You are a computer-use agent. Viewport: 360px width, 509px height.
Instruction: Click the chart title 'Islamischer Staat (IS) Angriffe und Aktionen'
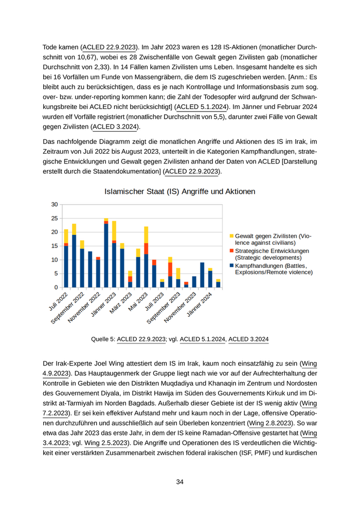point(179,191)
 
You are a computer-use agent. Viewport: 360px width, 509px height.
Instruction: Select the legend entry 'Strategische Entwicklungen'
point(267,250)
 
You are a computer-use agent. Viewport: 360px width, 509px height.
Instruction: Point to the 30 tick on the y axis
point(55,204)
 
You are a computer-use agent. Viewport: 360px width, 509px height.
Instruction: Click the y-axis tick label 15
point(55,246)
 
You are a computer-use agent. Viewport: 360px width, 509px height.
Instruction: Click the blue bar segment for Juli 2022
point(66,266)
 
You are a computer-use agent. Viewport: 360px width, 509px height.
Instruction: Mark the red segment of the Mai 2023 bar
point(146,248)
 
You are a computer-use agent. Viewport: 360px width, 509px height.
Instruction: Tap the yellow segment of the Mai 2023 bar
point(146,234)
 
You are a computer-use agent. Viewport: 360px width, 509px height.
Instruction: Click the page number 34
point(179,482)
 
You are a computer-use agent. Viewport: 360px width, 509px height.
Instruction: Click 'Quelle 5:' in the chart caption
point(103,339)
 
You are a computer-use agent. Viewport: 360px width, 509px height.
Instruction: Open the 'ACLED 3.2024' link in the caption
point(248,339)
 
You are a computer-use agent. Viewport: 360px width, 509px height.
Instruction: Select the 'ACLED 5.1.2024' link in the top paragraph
point(202,106)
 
